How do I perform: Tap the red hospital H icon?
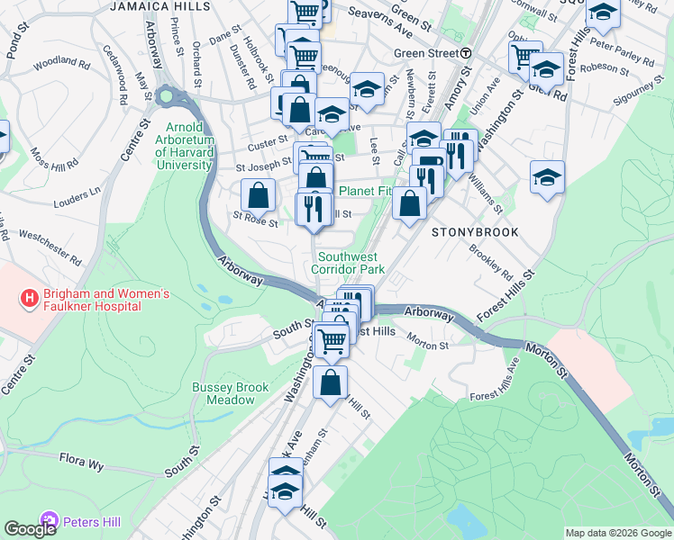click(30, 297)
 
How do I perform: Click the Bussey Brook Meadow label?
click(230, 393)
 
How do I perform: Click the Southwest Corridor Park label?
click(348, 263)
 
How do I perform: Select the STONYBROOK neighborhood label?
click(475, 232)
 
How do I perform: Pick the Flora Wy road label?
click(83, 463)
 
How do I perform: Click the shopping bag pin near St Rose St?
click(259, 195)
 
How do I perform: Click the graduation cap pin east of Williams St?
click(547, 177)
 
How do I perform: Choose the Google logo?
click(31, 529)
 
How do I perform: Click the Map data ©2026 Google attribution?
click(618, 533)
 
